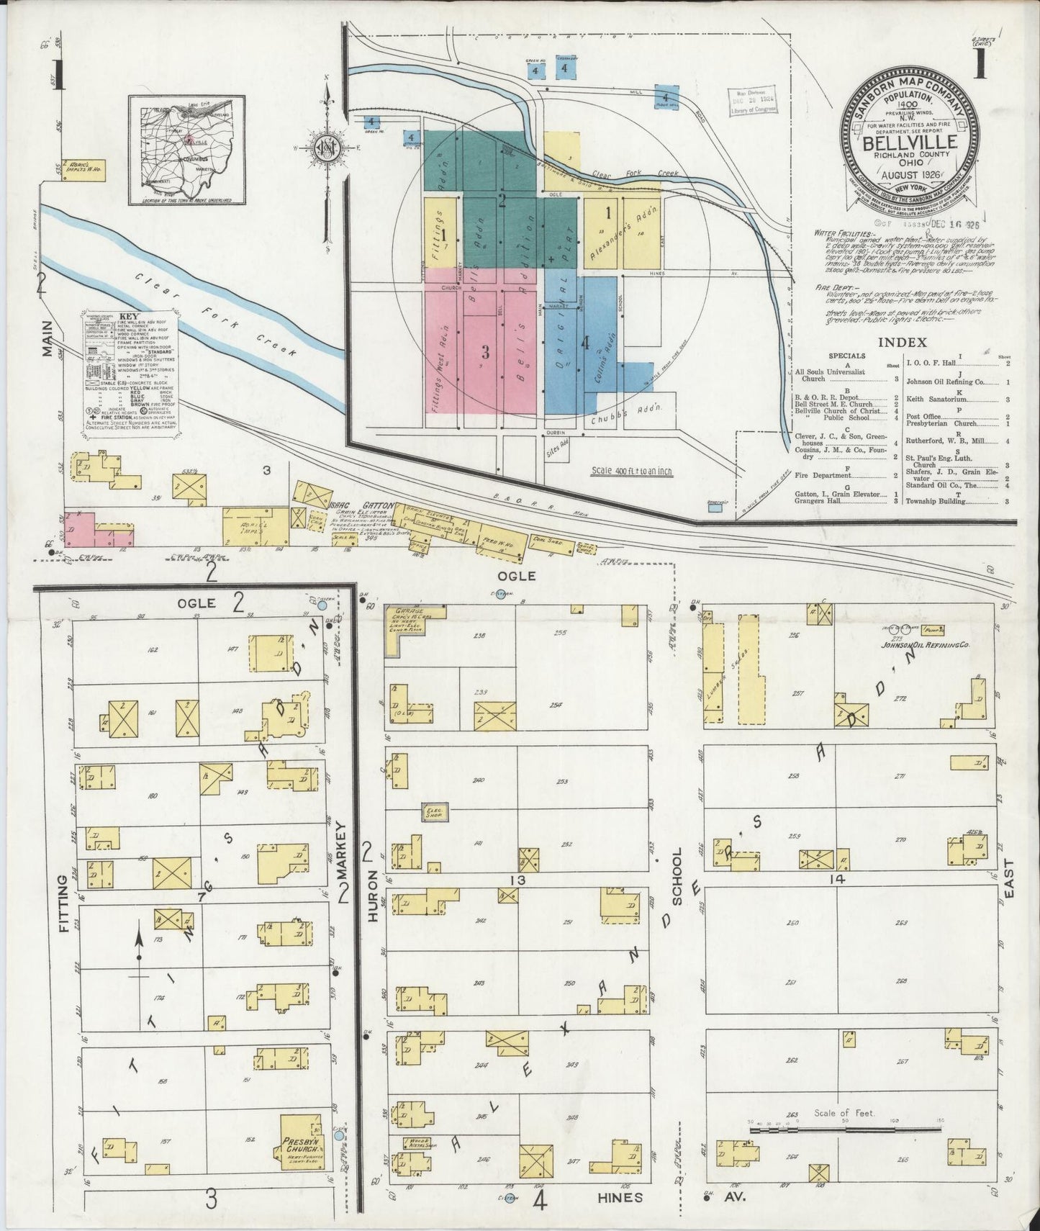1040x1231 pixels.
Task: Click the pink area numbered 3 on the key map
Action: coord(486,353)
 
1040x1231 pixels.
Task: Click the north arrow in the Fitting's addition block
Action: coord(138,943)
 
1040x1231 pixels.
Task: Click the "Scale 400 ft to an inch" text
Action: coord(631,472)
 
